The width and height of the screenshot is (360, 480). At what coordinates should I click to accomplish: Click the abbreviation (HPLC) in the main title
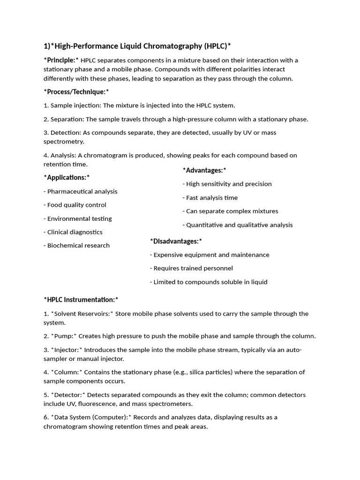[x=217, y=46]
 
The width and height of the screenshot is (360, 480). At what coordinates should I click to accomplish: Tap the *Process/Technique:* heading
[x=76, y=91]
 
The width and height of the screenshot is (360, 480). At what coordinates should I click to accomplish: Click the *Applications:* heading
[x=67, y=177]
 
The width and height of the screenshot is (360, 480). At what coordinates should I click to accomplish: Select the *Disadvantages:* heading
[x=176, y=241]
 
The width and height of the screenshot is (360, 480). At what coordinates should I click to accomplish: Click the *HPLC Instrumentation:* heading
[x=81, y=299]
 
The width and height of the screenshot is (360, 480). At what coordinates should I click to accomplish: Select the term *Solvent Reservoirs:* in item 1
[x=82, y=314]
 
